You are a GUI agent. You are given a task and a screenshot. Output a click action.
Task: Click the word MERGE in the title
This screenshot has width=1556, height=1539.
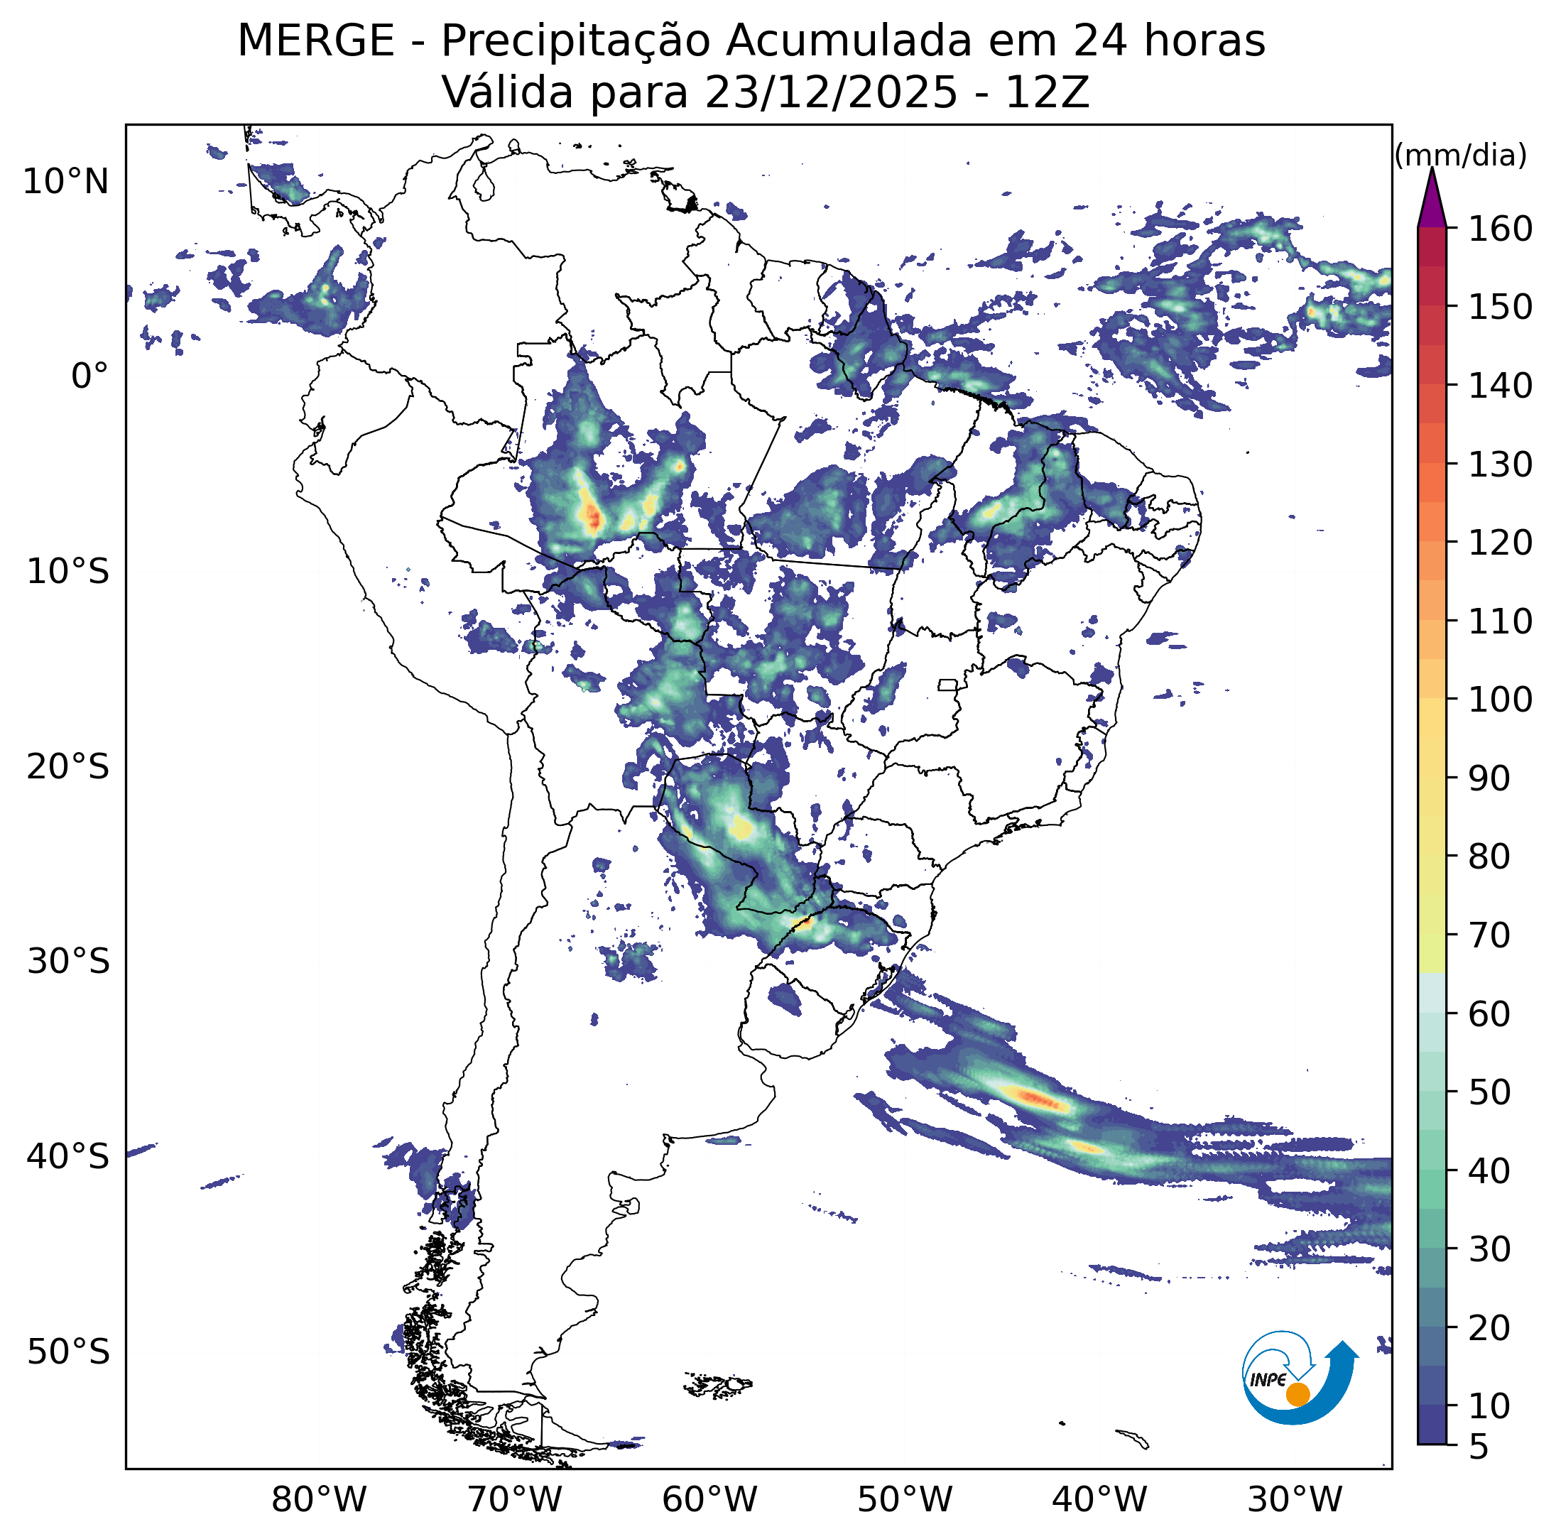[316, 41]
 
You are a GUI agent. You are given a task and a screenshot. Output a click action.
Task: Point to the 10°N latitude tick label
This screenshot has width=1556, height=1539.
[65, 182]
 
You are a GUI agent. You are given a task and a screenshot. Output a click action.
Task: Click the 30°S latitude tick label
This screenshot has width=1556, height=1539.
[67, 962]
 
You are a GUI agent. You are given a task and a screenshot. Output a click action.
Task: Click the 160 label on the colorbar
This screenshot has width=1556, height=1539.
[1501, 229]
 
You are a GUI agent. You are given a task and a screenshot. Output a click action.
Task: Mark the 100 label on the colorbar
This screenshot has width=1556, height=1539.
[1501, 700]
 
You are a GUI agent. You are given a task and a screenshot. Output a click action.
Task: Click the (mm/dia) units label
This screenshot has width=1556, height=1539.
[1460, 156]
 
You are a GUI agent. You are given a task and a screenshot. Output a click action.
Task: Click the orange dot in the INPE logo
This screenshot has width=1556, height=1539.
[1297, 1394]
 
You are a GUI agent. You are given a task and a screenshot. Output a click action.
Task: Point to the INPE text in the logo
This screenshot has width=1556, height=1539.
[1268, 1379]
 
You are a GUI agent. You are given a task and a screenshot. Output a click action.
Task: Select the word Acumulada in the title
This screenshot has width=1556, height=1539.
[849, 41]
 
